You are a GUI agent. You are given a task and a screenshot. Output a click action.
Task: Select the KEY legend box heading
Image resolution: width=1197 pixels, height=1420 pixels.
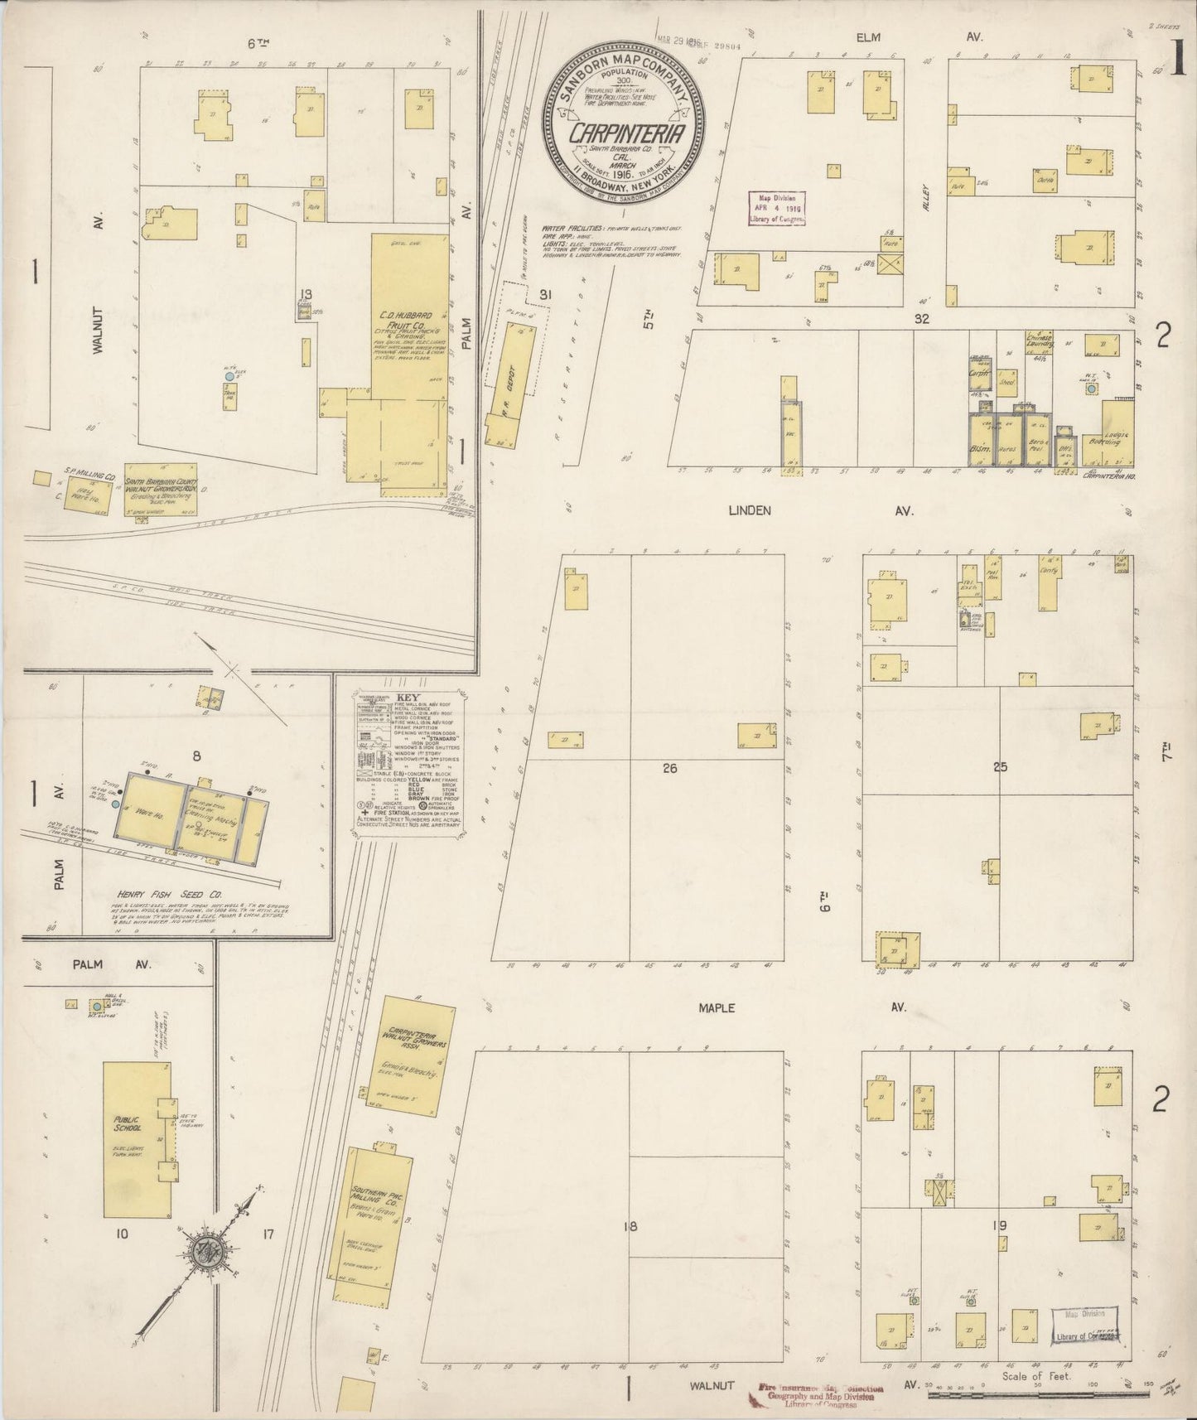(408, 697)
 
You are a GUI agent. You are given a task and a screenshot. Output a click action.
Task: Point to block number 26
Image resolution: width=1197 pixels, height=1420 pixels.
(669, 768)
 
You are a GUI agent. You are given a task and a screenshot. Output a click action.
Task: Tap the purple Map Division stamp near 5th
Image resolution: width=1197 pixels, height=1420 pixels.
(777, 208)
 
